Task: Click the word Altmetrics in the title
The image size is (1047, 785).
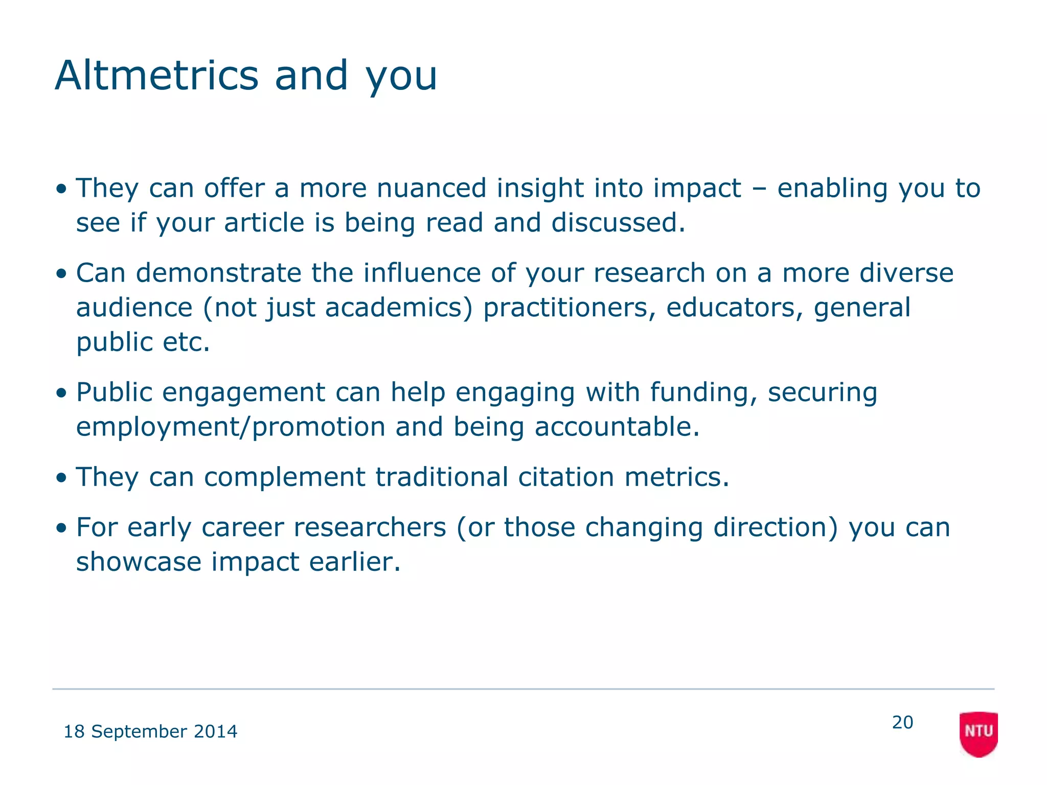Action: pyautogui.click(x=156, y=76)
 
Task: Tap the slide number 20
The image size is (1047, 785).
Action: pyautogui.click(x=902, y=722)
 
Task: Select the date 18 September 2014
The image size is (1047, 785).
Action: pyautogui.click(x=150, y=731)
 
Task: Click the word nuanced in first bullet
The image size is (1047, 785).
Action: pyautogui.click(x=431, y=188)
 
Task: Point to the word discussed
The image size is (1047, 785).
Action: pyautogui.click(x=618, y=223)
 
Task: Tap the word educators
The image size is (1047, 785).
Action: pyautogui.click(x=734, y=308)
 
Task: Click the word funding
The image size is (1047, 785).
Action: pyautogui.click(x=703, y=392)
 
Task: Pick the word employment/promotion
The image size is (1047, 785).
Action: pyautogui.click(x=231, y=427)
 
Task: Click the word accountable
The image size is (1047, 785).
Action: pyautogui.click(x=617, y=427)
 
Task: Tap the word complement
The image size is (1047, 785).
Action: pyautogui.click(x=284, y=477)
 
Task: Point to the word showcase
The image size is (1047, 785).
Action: pyautogui.click(x=139, y=562)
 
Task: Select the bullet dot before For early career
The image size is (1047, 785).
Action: pyautogui.click(x=62, y=528)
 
